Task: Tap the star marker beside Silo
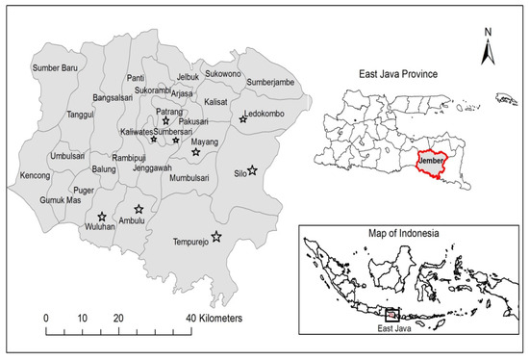pos(252,170)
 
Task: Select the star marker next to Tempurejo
pos(216,236)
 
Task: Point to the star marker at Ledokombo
pos(243,119)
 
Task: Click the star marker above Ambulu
pos(139,209)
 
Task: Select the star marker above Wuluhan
pos(102,217)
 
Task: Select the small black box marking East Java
pos(391,313)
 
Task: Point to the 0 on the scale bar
pos(46,318)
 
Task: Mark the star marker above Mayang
pos(195,152)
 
